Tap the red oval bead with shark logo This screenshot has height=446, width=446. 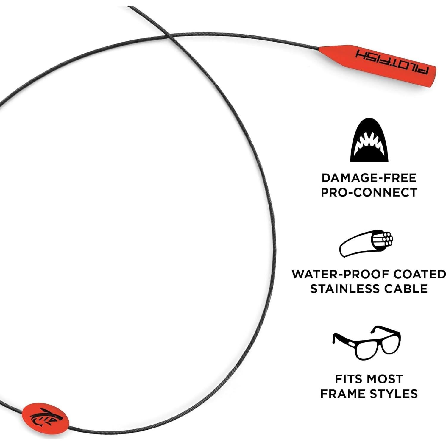point(46,416)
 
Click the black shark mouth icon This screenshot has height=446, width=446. point(369,140)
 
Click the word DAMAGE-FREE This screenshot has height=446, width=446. point(369,178)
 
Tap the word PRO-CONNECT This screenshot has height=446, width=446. point(369,192)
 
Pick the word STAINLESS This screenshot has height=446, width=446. point(345,289)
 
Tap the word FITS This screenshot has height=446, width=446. point(349,379)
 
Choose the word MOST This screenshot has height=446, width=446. point(385,379)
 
